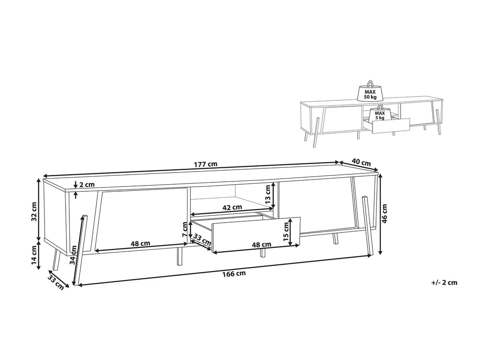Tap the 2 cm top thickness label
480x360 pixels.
point(87,185)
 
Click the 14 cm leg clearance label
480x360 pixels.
point(34,255)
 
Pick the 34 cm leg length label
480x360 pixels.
point(73,255)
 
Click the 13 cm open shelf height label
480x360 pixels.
point(268,193)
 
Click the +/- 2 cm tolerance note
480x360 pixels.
point(444,282)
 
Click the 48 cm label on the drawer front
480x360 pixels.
point(262,244)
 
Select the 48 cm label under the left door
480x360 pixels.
point(141,243)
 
